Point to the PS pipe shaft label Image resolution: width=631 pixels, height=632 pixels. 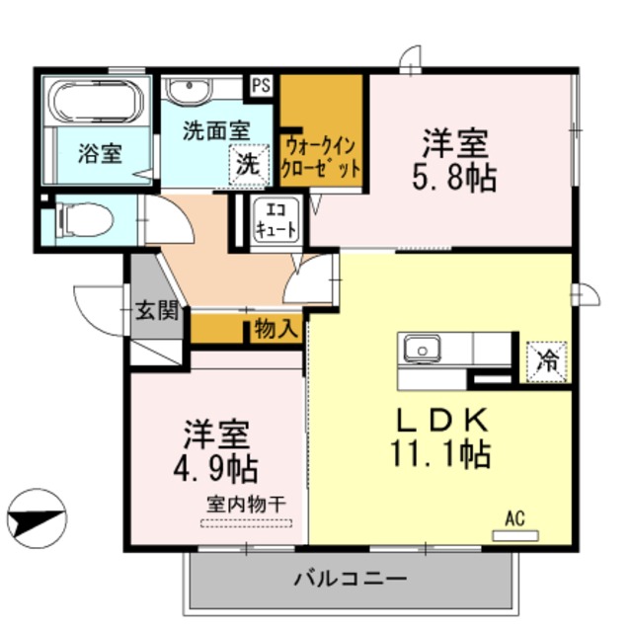click(261, 86)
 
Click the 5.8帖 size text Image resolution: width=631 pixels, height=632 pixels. click(454, 179)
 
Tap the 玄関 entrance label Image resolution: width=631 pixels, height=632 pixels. click(156, 312)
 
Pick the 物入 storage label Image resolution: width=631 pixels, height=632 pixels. click(275, 329)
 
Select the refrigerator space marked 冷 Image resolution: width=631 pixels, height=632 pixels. click(546, 360)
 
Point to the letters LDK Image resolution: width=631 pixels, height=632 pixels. click(441, 420)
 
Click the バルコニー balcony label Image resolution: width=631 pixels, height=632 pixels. click(351, 579)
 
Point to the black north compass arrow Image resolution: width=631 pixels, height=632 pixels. click(36, 515)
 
